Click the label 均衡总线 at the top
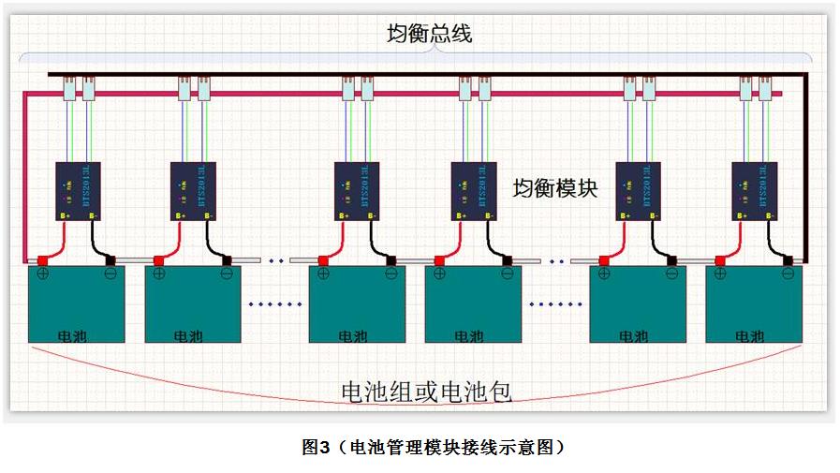coord(430,35)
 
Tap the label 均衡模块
coord(554,187)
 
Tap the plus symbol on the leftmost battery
coord(42,274)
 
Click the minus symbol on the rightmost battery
coord(788,274)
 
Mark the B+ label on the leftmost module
coord(64,216)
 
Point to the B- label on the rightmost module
coord(770,216)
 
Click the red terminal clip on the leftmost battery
coord(42,260)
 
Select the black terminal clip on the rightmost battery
coord(789,260)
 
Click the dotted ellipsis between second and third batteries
coord(275,304)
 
